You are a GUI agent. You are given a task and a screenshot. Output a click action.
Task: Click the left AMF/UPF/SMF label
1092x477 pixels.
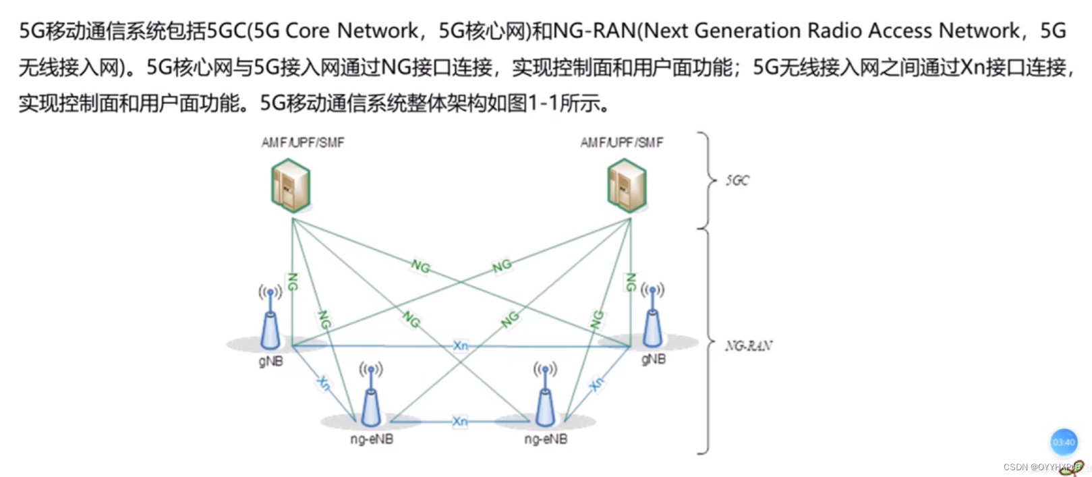pyautogui.click(x=303, y=142)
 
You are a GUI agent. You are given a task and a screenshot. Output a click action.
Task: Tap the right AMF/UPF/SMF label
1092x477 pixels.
pyautogui.click(x=622, y=142)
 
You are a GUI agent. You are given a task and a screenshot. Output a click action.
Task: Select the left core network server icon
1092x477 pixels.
pyautogui.click(x=291, y=186)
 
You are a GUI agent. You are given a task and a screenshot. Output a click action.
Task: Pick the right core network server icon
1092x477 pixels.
pyautogui.click(x=627, y=186)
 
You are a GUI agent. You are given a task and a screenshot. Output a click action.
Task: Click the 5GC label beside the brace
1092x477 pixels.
pyautogui.click(x=737, y=180)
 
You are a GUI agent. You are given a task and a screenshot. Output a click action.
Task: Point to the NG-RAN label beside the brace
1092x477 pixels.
pyautogui.click(x=749, y=346)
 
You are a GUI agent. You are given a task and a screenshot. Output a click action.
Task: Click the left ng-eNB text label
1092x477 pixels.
pyautogui.click(x=372, y=439)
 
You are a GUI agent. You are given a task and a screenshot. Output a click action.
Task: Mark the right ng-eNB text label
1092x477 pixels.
pyautogui.click(x=546, y=439)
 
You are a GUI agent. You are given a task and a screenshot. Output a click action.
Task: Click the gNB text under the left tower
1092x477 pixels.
pyautogui.click(x=270, y=362)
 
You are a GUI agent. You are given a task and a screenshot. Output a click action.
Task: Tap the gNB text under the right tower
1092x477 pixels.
pyautogui.click(x=653, y=360)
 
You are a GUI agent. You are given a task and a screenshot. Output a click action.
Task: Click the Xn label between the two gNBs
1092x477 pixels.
pyautogui.click(x=461, y=345)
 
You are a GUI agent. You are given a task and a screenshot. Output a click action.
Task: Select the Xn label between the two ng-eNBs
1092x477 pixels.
pyautogui.click(x=460, y=422)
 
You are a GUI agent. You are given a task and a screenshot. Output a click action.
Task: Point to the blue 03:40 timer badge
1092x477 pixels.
pyautogui.click(x=1064, y=442)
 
